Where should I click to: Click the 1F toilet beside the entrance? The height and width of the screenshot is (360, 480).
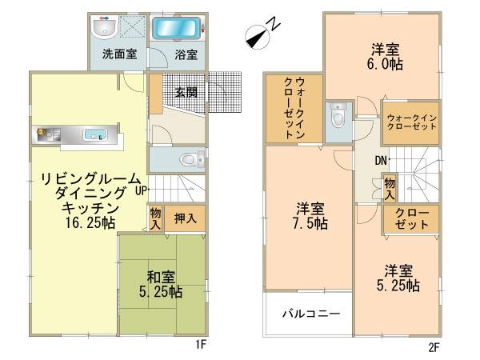coord(190,159)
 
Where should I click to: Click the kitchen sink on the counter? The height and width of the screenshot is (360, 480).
coord(95,134)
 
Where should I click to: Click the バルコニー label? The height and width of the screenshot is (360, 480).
coord(306,314)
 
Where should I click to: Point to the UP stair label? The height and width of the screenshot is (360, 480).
coord(142,190)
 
